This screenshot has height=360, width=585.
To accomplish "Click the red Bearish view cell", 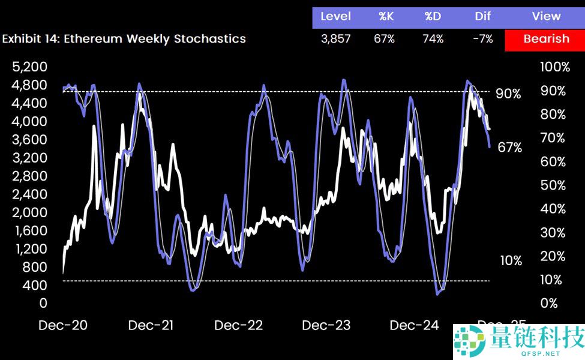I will [x=545, y=39].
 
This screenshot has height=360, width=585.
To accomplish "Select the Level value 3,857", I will [x=335, y=39].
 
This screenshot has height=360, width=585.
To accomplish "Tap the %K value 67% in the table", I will [x=386, y=39].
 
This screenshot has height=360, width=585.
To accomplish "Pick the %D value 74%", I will [x=433, y=39].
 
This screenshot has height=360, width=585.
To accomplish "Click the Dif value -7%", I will [x=482, y=39].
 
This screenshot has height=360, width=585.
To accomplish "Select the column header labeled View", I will [x=545, y=16].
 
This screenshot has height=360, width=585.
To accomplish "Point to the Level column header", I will [x=335, y=16].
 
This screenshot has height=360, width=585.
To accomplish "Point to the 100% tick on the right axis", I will [x=555, y=67].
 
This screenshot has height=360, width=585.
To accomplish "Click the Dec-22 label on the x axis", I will [x=238, y=326].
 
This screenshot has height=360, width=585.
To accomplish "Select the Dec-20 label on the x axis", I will [x=62, y=326].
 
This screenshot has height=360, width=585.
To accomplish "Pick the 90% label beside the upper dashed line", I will [x=508, y=94].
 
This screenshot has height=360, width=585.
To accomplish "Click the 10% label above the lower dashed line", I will [x=511, y=260].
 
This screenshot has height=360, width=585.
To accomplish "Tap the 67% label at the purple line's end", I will [x=510, y=148].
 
